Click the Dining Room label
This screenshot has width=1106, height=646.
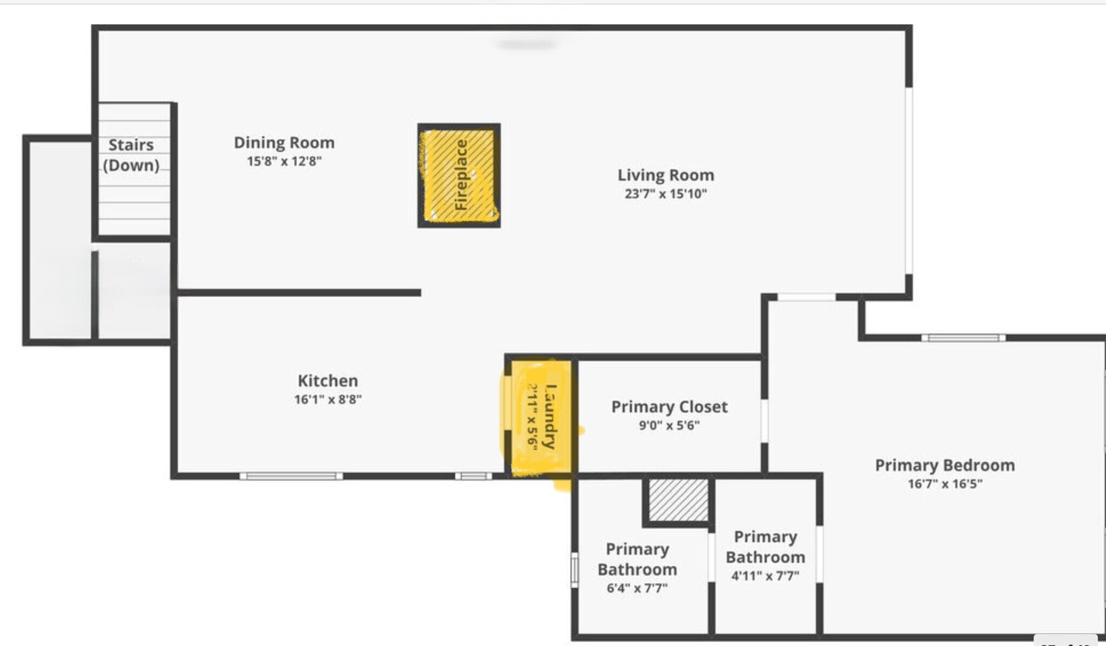pos(284,143)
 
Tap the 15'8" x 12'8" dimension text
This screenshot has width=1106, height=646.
pos(284,161)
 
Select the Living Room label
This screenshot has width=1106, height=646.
pos(665,175)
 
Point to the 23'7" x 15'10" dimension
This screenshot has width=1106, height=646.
pos(665,194)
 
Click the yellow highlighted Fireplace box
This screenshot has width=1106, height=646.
pos(459,175)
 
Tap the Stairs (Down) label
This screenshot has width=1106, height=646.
pos(131,155)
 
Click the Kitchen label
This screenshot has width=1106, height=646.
pos(328,381)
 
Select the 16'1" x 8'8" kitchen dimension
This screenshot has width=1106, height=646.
pos(328,400)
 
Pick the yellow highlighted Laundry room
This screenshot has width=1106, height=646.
pos(540,418)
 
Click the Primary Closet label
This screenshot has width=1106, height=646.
pos(669,407)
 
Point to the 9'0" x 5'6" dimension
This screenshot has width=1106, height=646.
pos(669,426)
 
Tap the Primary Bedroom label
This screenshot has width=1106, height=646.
pos(945,465)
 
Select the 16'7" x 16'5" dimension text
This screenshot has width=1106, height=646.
pos(945,484)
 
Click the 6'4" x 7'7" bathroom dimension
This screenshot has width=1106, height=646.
pos(637,588)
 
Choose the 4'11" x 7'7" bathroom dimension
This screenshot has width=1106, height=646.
pos(765,576)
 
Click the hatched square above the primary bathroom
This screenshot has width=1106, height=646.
pos(678,500)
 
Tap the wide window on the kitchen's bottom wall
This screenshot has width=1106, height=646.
pos(291,476)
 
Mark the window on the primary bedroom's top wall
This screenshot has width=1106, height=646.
pos(963,338)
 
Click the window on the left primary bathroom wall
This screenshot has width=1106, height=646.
pos(575,569)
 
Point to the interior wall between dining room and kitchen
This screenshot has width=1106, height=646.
pos(299,293)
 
